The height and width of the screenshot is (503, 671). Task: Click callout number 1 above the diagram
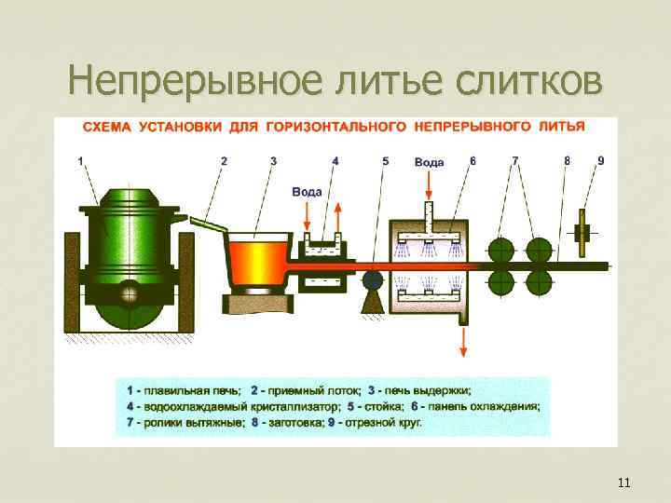coord(81,160)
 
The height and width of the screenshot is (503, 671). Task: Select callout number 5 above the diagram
coord(386,160)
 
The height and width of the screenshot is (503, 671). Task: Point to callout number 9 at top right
coord(600,160)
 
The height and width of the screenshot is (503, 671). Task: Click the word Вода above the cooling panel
coord(429,161)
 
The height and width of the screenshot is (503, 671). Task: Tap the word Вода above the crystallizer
coord(307,192)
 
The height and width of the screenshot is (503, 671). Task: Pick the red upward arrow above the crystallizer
coord(337,214)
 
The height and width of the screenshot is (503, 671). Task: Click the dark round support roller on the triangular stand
coord(374,280)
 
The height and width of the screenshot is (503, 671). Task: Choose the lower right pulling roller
coord(539,284)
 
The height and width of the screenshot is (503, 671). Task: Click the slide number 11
coord(623,483)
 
